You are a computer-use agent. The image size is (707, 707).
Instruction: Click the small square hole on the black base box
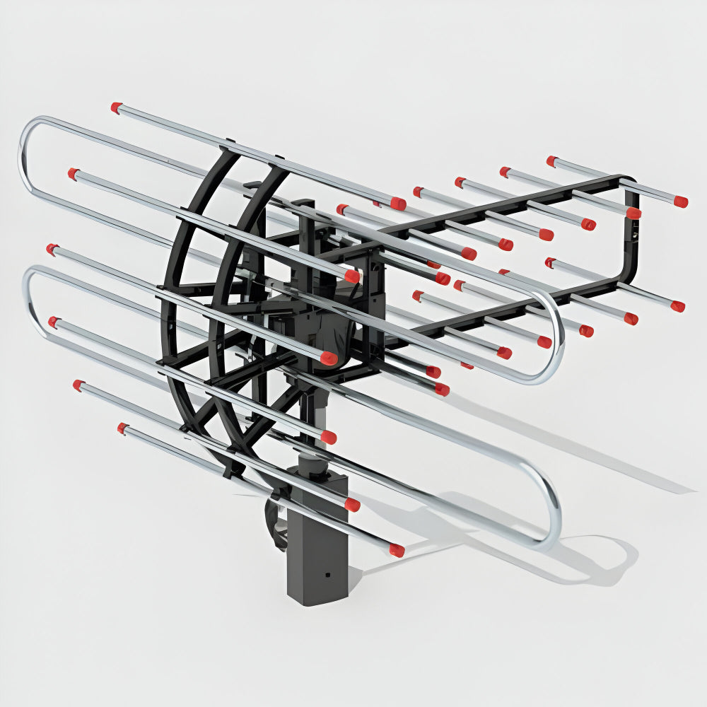pos(327,575)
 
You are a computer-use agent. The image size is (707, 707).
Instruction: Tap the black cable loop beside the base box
pos(276,520)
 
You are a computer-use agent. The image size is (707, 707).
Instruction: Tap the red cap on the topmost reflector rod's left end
pos(116,107)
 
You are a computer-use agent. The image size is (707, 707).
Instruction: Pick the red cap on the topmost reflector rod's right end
pos(399,204)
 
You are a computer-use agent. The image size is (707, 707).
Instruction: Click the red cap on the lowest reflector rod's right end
pos(397,550)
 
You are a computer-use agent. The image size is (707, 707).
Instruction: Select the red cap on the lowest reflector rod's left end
pos(123,428)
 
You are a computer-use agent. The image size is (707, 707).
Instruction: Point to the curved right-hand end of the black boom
pos(629,233)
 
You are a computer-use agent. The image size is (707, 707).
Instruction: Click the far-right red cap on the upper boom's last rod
pos(680,201)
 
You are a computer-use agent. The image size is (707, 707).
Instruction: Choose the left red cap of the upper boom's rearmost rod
pos(551,161)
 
